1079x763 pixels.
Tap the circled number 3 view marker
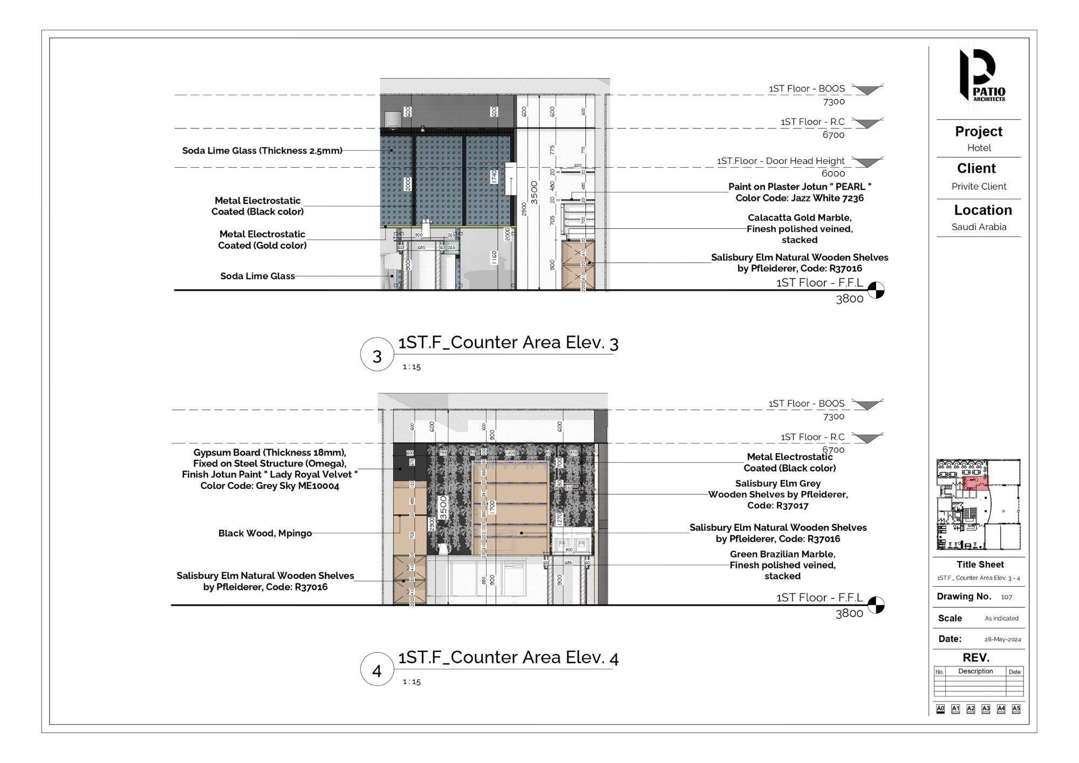click(x=377, y=356)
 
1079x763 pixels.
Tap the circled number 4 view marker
click(x=377, y=670)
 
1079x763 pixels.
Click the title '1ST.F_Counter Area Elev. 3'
click(x=508, y=343)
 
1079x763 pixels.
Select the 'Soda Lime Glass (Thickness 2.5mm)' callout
click(x=262, y=151)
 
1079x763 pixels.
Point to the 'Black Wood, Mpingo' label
click(x=265, y=533)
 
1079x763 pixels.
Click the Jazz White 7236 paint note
click(x=800, y=198)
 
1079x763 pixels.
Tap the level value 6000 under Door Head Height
click(x=833, y=173)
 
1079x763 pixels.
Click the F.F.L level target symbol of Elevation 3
click(x=876, y=290)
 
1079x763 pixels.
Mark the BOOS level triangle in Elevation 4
click(x=867, y=405)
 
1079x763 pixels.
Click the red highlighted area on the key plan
click(x=975, y=482)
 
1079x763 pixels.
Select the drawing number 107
click(x=1006, y=597)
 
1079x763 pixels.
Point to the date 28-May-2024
click(x=1002, y=639)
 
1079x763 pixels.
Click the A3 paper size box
click(x=986, y=708)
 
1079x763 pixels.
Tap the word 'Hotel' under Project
click(x=979, y=148)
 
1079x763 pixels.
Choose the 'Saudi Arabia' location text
click(x=979, y=227)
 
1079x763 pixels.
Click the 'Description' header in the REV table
click(x=975, y=671)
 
